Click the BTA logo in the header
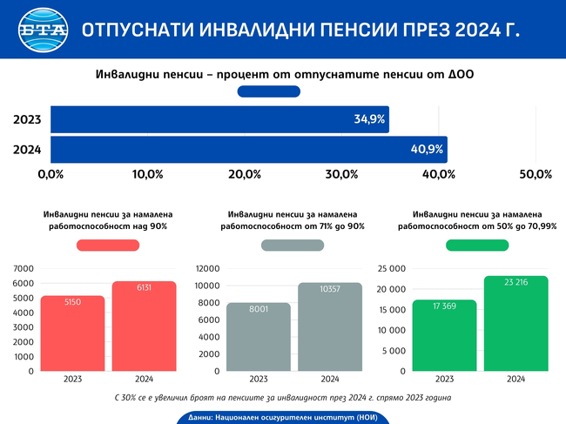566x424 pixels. tap(40, 30)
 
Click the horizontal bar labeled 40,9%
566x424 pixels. tap(248, 149)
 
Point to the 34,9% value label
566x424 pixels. tap(369, 119)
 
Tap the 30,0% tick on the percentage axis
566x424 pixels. tap(341, 174)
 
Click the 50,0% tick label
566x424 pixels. tap(536, 174)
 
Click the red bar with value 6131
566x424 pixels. tap(144, 326)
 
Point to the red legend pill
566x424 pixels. tap(108, 246)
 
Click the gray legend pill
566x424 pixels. tap(293, 246)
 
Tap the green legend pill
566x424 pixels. tap(477, 246)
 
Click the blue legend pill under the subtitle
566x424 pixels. tap(269, 91)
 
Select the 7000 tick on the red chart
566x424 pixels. tap(24, 268)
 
